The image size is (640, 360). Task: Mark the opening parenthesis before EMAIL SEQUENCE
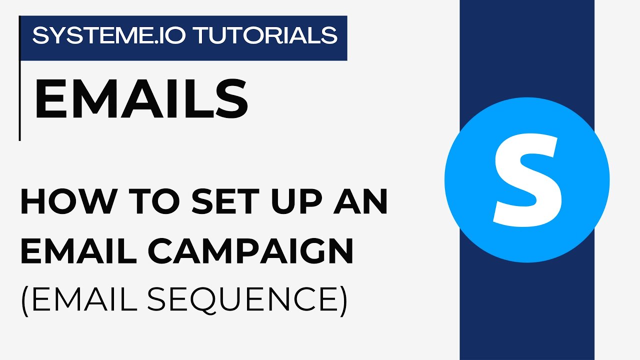[x=25, y=300]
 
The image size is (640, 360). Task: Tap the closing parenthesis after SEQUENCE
[x=342, y=300]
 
